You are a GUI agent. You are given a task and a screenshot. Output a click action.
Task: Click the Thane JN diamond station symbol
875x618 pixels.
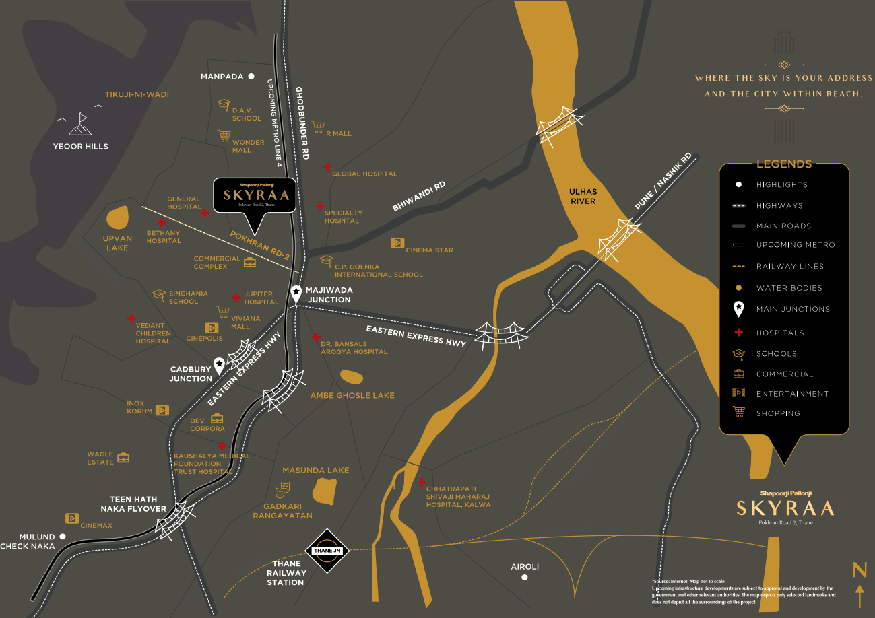328,551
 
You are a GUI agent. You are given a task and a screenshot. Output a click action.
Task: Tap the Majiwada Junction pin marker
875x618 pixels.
296,293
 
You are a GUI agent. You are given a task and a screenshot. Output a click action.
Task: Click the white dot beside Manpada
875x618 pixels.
251,77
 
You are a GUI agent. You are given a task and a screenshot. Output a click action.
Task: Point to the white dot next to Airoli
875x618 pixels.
525,577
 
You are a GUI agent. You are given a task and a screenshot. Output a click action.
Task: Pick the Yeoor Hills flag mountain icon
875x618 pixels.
80,123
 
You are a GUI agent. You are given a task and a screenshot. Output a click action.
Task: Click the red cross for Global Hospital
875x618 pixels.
327,166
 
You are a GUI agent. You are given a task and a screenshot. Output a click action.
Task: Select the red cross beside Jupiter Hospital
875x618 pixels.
236,298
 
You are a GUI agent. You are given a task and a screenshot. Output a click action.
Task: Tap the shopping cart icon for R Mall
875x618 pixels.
319,127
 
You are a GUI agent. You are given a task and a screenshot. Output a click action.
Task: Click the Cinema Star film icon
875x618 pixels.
397,243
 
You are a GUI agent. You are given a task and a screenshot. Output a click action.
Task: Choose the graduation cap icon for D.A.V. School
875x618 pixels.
224,105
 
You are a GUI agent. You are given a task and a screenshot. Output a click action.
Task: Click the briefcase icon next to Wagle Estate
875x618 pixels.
123,458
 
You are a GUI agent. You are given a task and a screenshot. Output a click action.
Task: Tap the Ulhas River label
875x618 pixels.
583,197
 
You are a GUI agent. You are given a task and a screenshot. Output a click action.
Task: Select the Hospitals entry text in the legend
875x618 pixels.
780,333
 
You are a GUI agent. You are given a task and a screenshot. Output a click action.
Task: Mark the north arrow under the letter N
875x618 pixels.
860,596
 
